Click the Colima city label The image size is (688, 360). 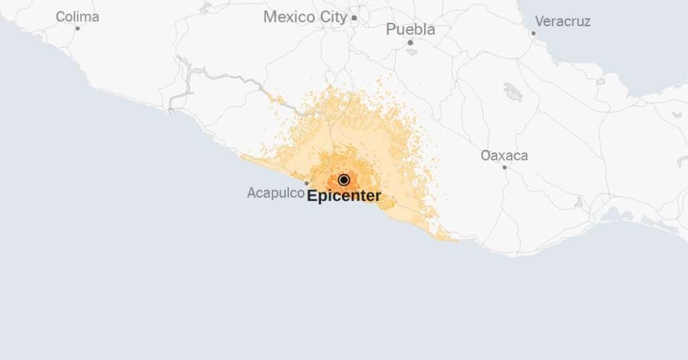click(x=77, y=17)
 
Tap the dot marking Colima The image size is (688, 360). click(x=77, y=28)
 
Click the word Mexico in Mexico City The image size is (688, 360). click(x=290, y=17)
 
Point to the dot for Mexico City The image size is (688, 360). click(x=354, y=18)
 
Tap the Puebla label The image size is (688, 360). click(x=410, y=30)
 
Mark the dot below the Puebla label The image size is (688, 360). click(x=410, y=42)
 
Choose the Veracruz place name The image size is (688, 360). click(x=562, y=21)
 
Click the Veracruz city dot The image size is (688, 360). click(x=533, y=33)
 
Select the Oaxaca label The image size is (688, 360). click(x=504, y=156)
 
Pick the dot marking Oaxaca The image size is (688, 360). click(x=505, y=167)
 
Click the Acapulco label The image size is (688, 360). click(x=275, y=193)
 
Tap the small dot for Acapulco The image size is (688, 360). click(x=307, y=183)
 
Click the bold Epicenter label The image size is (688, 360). click(x=344, y=197)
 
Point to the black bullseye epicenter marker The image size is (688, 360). click(x=344, y=180)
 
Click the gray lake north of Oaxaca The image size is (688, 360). click(x=513, y=92)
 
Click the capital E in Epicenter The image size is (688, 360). click(x=312, y=197)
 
